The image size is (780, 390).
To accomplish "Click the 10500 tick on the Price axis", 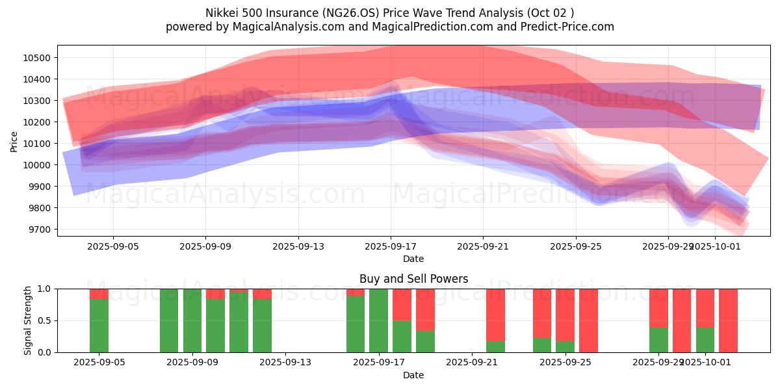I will [38, 58].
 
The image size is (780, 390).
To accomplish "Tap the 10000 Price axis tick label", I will [38, 165].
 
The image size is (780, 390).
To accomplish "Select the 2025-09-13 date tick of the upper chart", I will [298, 247].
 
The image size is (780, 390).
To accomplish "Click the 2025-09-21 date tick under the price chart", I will [483, 247].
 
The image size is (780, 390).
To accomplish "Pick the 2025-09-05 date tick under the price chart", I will [113, 247].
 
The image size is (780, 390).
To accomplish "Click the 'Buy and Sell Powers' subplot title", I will [413, 279].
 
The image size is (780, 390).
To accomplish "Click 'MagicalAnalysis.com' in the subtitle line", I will [286, 27].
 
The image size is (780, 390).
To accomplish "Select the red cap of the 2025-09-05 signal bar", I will [99, 294].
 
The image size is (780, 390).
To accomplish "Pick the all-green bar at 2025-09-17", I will [378, 320].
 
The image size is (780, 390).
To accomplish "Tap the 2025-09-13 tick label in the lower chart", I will [285, 363].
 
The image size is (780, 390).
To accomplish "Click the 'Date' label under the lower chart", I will [413, 375].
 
